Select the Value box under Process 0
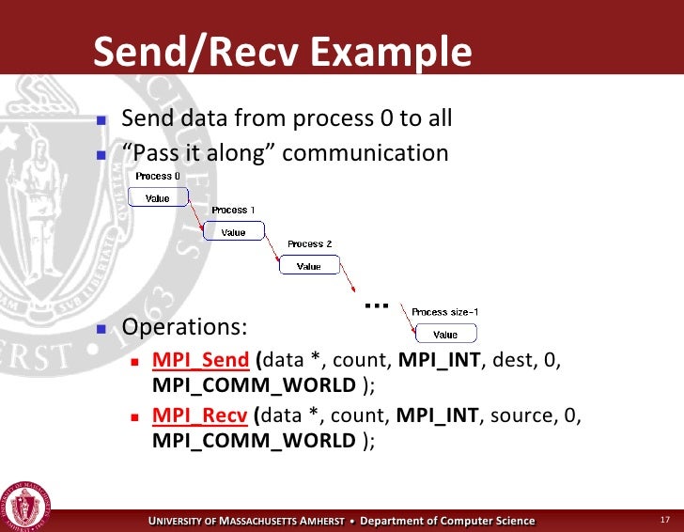pyautogui.click(x=157, y=197)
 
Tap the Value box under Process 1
pyautogui.click(x=233, y=231)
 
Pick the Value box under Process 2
pyautogui.click(x=309, y=266)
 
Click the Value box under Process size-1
pyautogui.click(x=445, y=334)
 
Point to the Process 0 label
pyautogui.click(x=157, y=176)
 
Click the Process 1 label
pyautogui.click(x=233, y=211)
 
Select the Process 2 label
pyautogui.click(x=309, y=244)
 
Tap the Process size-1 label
pyautogui.click(x=446, y=312)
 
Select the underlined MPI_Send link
pyautogui.click(x=200, y=361)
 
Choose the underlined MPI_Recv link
pyautogui.click(x=199, y=415)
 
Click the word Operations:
pyautogui.click(x=185, y=327)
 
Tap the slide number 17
pyautogui.click(x=664, y=521)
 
